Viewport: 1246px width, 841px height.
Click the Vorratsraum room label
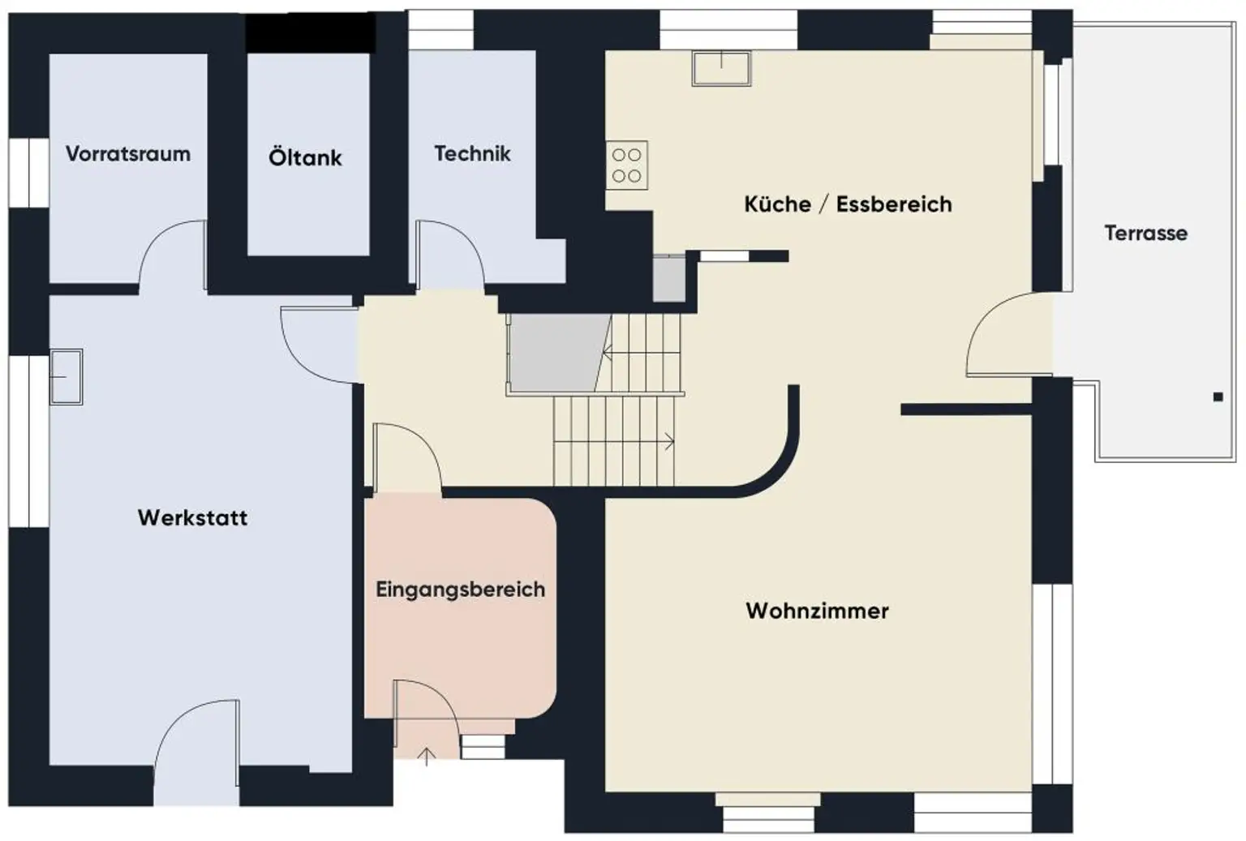click(128, 153)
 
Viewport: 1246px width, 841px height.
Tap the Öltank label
click(305, 157)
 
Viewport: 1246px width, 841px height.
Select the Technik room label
click(472, 153)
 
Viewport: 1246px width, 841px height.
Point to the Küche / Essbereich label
click(848, 204)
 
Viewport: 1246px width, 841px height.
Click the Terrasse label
click(1145, 233)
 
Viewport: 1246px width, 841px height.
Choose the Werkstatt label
click(192, 517)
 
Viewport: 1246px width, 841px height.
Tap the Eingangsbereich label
click(460, 589)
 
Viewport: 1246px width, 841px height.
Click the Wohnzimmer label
click(817, 610)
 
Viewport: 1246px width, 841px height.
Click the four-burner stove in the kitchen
click(626, 165)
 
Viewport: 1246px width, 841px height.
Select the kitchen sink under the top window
click(721, 67)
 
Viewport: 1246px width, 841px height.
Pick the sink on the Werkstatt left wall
click(66, 376)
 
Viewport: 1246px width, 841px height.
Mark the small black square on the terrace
click(1218, 397)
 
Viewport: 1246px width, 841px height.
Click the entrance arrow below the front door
click(427, 757)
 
